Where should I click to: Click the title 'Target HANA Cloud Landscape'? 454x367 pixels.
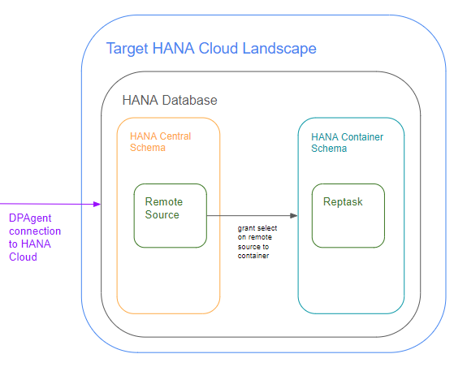pyautogui.click(x=211, y=49)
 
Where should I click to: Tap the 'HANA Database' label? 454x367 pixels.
pyautogui.click(x=170, y=100)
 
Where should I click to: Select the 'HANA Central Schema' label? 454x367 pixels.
pyautogui.click(x=161, y=142)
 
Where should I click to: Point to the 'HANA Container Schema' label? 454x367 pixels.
pyautogui.click(x=347, y=142)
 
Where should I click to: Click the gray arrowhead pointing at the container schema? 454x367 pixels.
pyautogui.click(x=294, y=216)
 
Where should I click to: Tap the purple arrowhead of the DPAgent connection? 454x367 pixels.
pyautogui.click(x=97, y=204)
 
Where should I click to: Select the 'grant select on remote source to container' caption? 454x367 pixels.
pyautogui.click(x=257, y=242)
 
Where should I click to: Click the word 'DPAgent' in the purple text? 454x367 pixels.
pyautogui.click(x=30, y=218)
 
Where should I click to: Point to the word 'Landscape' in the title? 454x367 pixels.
pyautogui.click(x=279, y=49)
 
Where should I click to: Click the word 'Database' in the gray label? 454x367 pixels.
pyautogui.click(x=190, y=100)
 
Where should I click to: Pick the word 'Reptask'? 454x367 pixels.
pyautogui.click(x=343, y=201)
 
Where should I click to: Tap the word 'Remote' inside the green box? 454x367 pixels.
pyautogui.click(x=164, y=201)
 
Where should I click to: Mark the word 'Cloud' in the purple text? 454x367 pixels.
pyautogui.click(x=23, y=257)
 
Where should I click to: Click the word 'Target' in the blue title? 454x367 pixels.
pyautogui.click(x=128, y=49)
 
